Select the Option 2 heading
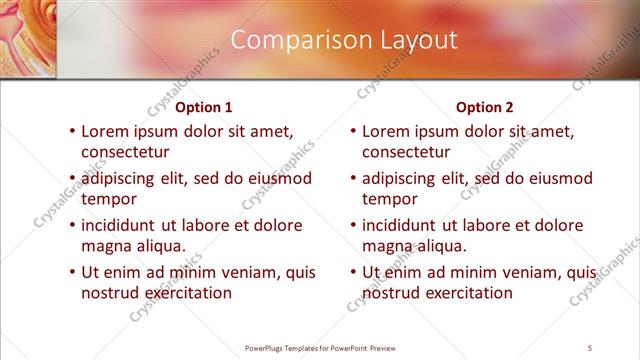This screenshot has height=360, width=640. [484, 106]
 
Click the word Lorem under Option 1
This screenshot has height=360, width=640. [105, 130]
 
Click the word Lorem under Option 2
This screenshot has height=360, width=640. [386, 130]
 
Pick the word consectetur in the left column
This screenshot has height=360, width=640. [125, 152]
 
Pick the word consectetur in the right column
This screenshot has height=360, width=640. [406, 152]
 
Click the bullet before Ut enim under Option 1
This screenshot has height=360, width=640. [70, 272]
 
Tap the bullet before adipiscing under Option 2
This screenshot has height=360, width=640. [352, 178]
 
